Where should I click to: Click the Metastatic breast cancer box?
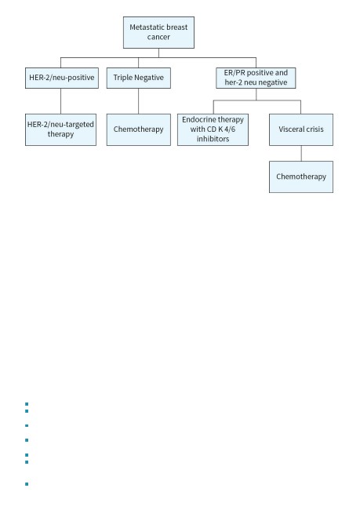158,32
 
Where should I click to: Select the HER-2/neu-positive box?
62,78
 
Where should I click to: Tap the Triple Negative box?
139,78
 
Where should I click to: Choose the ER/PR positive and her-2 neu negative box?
256,78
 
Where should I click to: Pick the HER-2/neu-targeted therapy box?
61,129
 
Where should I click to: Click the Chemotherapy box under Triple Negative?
139,129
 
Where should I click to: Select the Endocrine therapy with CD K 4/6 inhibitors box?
213,129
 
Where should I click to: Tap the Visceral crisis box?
301,129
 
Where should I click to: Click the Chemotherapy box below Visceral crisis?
301,177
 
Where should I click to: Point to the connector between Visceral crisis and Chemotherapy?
301,153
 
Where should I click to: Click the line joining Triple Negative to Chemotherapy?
139,101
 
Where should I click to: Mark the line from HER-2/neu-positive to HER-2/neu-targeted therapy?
61,101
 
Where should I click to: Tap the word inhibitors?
213,139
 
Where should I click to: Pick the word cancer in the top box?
158,37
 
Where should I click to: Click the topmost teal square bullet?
27,404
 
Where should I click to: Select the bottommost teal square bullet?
27,484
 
